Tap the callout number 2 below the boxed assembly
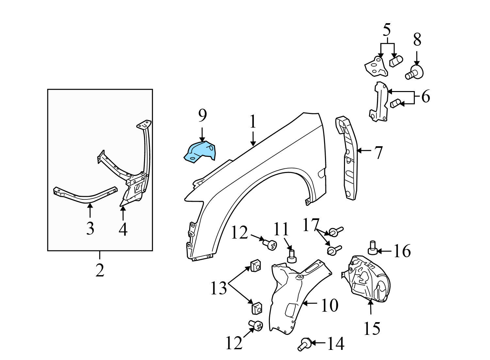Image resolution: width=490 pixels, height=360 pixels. coord(100,270)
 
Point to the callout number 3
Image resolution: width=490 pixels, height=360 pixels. coord(90,228)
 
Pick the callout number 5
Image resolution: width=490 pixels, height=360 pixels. coord(386,30)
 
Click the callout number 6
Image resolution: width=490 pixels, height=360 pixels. coord(425,97)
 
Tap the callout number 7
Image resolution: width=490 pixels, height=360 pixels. coord(378,152)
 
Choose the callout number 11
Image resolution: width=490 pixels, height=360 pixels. coord(281,229)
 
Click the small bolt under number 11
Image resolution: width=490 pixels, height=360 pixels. coord(291,255)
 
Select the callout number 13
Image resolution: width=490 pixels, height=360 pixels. coord(219,288)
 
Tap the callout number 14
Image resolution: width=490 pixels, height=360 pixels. coord(336,343)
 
